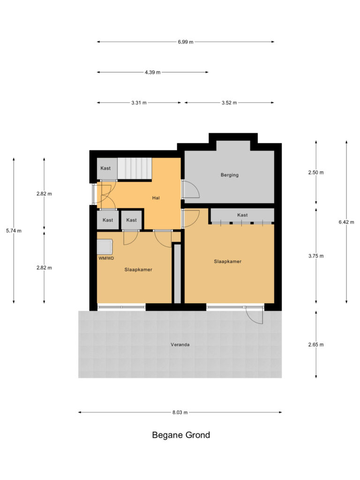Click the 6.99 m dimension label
(186, 42)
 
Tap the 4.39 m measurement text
(152, 73)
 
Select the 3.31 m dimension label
(139, 103)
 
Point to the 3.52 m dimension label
(229, 103)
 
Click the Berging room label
(230, 175)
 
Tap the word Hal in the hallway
(156, 198)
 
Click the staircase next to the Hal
(135, 168)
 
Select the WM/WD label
(106, 258)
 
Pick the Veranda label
(180, 345)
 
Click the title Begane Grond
(181, 435)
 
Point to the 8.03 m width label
(180, 412)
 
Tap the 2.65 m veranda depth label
(316, 345)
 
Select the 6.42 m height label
(346, 222)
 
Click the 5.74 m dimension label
(14, 231)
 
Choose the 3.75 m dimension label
(316, 256)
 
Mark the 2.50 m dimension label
(316, 172)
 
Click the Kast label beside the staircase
(105, 168)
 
